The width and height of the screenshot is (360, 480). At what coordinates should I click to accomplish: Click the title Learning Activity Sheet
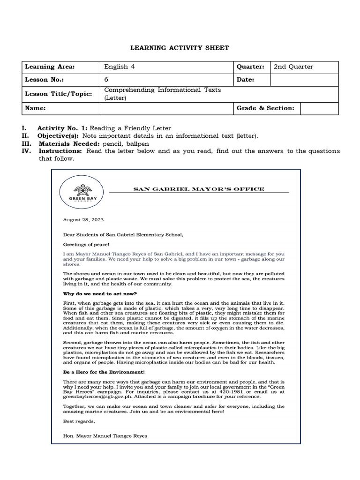[180, 48]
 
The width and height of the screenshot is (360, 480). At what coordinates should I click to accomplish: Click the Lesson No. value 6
[106, 80]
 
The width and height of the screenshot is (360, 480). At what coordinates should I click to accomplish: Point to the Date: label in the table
[245, 80]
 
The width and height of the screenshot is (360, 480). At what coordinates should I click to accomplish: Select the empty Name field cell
[167, 108]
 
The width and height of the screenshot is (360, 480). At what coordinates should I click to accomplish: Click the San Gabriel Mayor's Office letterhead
[199, 189]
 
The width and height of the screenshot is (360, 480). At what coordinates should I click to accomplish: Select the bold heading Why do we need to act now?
[100, 293]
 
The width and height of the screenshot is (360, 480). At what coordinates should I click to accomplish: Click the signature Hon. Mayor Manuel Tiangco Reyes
[105, 435]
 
